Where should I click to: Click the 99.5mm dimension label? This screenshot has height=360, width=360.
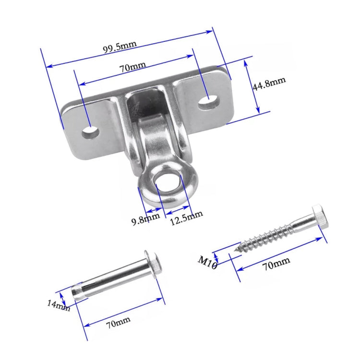[120, 47]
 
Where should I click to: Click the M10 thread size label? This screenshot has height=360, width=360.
[208, 262]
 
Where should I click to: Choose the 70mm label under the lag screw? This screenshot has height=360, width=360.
[276, 262]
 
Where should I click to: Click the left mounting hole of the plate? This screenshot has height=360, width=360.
[90, 131]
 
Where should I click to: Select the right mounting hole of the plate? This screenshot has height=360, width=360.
[208, 100]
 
